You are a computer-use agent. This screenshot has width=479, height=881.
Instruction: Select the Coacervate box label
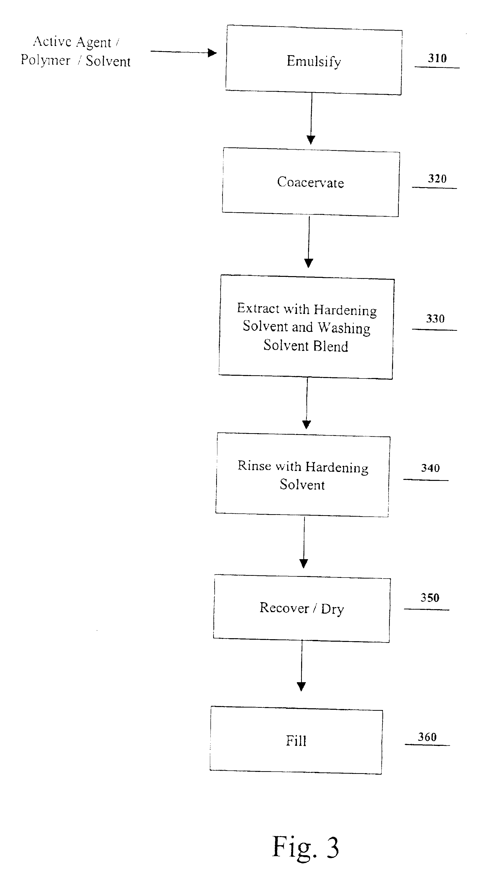pos(311,182)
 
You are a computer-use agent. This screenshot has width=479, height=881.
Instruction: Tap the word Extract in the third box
pos(258,308)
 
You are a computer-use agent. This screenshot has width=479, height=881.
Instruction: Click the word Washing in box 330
pos(344,328)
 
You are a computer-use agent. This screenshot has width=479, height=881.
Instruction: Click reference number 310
pos(437,58)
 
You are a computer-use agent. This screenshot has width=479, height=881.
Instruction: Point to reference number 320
pos(437,178)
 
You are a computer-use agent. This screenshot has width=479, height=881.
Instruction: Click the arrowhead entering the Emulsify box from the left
pos(213,53)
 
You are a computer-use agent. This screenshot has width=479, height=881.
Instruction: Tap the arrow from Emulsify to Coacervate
pos(311,119)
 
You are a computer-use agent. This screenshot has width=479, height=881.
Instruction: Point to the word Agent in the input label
pos(94,43)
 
